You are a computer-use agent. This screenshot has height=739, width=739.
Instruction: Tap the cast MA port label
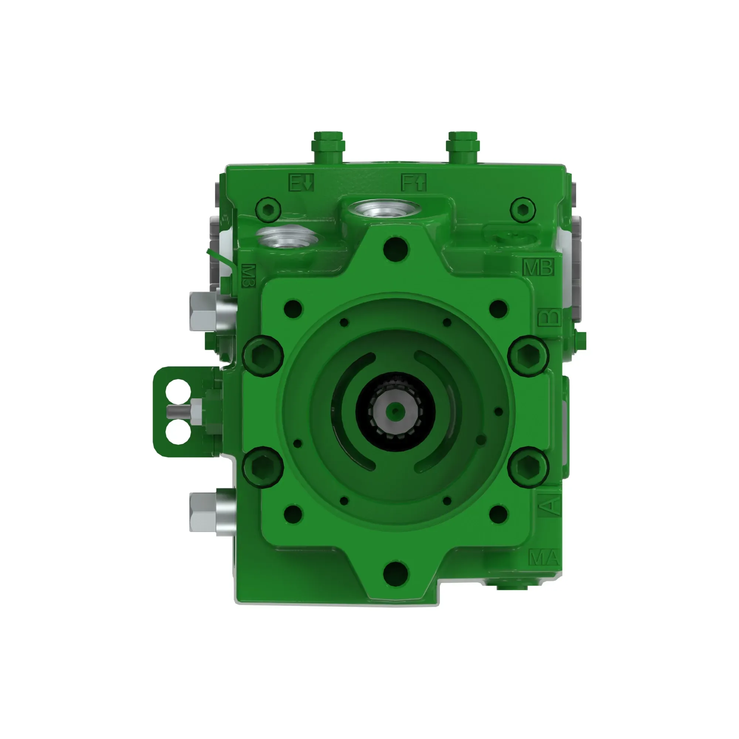coord(544,558)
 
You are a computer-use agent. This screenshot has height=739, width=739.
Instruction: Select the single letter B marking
coord(549,317)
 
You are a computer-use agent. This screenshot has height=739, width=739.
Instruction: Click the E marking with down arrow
coord(301,183)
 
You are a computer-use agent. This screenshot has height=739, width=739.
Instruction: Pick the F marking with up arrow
coord(413,183)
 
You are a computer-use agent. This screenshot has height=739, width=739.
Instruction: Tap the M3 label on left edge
coord(249,276)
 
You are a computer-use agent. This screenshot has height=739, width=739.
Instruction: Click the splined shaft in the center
coord(395,412)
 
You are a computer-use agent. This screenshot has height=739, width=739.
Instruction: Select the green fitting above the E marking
coord(328,146)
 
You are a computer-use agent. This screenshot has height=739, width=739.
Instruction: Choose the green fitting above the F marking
coord(463,146)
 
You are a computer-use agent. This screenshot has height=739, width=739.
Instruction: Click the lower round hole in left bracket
coord(178,432)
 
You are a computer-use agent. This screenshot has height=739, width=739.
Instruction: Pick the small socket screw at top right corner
coord(523,209)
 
